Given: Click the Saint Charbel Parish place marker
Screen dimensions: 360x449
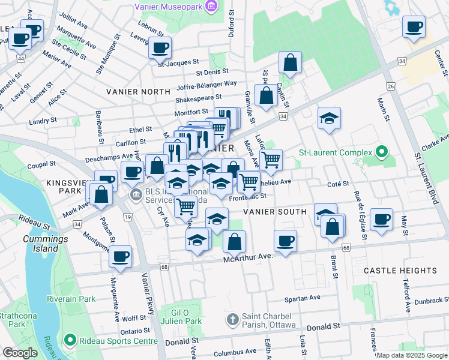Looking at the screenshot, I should click(x=232, y=319).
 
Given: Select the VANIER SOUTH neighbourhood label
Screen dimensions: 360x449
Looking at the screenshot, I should click(x=275, y=212).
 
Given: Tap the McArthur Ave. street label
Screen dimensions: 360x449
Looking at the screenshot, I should click(x=249, y=257).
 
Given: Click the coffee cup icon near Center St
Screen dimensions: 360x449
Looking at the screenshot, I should click(x=414, y=28).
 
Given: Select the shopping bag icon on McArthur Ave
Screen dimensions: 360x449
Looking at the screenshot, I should click(x=234, y=242).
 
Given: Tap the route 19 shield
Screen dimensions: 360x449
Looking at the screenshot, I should click(x=127, y=217).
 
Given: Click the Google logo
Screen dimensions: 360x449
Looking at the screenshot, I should click(x=20, y=353).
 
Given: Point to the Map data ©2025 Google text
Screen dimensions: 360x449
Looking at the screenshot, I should click(x=411, y=355).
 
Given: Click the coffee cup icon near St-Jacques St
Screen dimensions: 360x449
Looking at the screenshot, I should click(x=160, y=48).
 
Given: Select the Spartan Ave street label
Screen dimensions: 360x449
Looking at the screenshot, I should click(x=303, y=298).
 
